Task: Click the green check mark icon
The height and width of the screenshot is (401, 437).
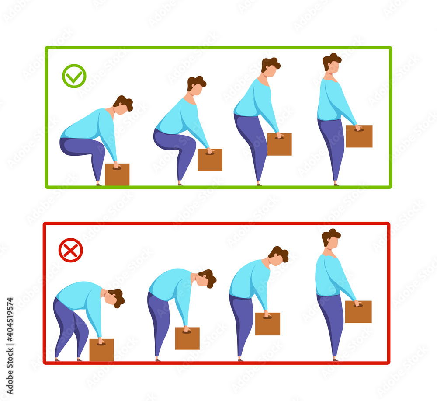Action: click(x=74, y=76)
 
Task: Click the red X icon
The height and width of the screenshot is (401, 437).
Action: click(x=70, y=250)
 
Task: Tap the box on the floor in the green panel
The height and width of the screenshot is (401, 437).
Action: click(x=117, y=174)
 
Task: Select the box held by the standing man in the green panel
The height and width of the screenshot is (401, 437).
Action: click(x=359, y=136)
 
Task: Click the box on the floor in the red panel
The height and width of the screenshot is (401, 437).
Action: click(x=101, y=350)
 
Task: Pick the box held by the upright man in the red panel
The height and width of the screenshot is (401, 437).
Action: click(x=358, y=312)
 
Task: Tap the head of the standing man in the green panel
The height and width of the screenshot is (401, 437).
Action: click(x=332, y=63)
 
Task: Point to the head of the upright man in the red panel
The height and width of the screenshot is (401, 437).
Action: click(x=331, y=239)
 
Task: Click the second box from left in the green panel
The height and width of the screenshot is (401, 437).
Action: click(x=210, y=160)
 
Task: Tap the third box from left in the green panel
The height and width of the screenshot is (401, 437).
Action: click(x=279, y=144)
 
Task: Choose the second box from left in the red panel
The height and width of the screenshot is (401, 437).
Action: click(x=187, y=338)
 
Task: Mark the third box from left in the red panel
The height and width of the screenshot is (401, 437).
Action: click(x=267, y=324)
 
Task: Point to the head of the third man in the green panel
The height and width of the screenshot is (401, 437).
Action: click(x=271, y=67)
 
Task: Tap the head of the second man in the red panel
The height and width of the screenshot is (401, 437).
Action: click(x=207, y=279)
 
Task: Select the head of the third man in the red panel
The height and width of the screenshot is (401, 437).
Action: click(x=278, y=256)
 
